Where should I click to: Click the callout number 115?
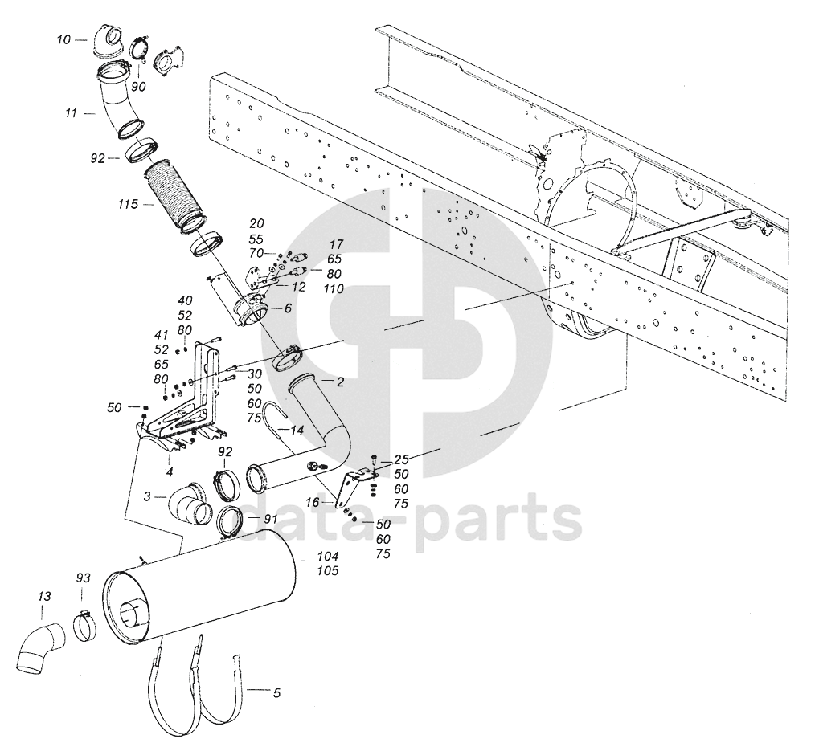click(x=128, y=206)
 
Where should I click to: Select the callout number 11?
click(x=71, y=114)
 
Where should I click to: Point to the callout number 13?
click(x=44, y=596)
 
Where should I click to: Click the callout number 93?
click(x=83, y=578)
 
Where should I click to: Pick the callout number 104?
click(x=328, y=557)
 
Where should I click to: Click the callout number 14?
click(x=297, y=431)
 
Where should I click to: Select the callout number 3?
click(x=147, y=498)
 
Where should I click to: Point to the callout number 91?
click(x=271, y=519)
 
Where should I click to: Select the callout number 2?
click(x=341, y=382)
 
